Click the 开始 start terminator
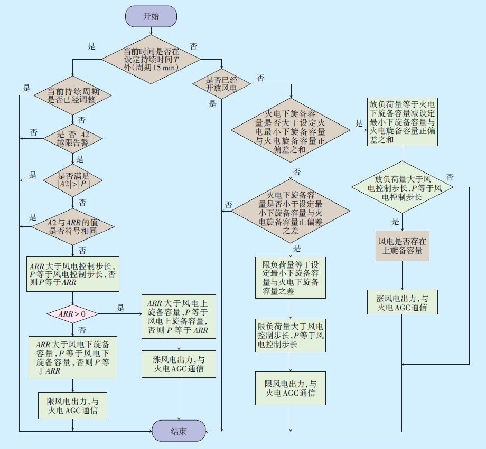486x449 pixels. coord(151,16)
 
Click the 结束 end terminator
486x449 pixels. coord(179,431)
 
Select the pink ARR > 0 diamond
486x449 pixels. coord(72,314)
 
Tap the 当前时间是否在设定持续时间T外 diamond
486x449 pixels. coord(151,60)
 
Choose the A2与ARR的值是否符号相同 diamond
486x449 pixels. coord(72,226)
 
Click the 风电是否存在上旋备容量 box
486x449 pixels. coord(402,246)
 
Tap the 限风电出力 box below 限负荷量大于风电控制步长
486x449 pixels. coord(291,389)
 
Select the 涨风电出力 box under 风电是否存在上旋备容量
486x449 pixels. coord(403,301)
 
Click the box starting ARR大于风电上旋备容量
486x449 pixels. coord(179,317)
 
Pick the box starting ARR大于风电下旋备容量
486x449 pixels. coord(72,357)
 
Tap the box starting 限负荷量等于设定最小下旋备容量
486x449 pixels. coord(291,278)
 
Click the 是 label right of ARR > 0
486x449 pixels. coord(120,308)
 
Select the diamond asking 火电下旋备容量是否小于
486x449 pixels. coord(291,211)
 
